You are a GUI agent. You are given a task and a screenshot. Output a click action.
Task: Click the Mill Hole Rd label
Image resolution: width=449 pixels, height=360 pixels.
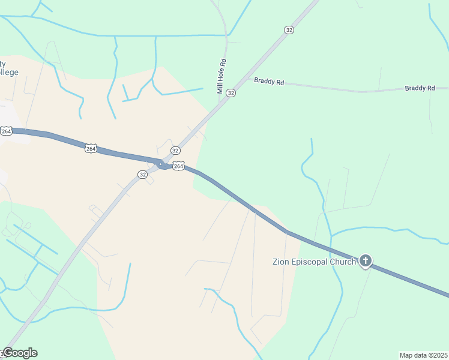pyautogui.click(x=221, y=77)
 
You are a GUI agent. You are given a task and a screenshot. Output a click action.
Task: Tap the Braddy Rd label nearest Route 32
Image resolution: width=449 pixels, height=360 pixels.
pyautogui.click(x=268, y=82)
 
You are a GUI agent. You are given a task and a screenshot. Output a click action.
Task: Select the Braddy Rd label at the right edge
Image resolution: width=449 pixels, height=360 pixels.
pyautogui.click(x=420, y=88)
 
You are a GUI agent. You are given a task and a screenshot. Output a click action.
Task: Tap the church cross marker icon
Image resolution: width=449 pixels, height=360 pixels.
pyautogui.click(x=365, y=261)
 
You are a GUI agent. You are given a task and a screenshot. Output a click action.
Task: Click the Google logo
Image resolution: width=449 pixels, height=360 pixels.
pyautogui.click(x=20, y=353)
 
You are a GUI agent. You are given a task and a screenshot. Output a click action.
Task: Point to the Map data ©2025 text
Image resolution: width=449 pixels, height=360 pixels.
pyautogui.click(x=423, y=355)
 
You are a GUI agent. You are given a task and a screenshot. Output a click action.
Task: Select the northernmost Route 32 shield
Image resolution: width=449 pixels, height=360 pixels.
pyautogui.click(x=289, y=30)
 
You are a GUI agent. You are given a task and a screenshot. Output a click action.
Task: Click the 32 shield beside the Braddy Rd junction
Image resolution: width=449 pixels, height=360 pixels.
pyautogui.click(x=231, y=93)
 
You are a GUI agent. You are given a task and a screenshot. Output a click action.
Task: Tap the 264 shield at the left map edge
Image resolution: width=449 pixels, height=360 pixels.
pyautogui.click(x=6, y=131)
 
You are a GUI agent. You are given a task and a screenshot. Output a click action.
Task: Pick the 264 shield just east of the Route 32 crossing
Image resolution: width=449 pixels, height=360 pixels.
pyautogui.click(x=178, y=166)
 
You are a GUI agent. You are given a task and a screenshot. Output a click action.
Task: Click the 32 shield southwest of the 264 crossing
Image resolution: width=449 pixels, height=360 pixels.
pyautogui.click(x=142, y=174)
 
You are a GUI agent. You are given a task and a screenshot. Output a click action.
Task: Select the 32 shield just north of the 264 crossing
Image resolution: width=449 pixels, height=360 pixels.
pyautogui.click(x=175, y=150)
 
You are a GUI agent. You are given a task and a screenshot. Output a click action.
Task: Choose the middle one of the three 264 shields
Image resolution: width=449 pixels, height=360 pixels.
pyautogui.click(x=91, y=148)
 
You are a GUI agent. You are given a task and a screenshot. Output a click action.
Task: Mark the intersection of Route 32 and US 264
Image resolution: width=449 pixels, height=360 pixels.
pyautogui.click(x=161, y=164)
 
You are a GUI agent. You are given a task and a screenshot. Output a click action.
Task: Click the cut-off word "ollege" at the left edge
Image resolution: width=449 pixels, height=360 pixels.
pyautogui.click(x=10, y=73)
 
